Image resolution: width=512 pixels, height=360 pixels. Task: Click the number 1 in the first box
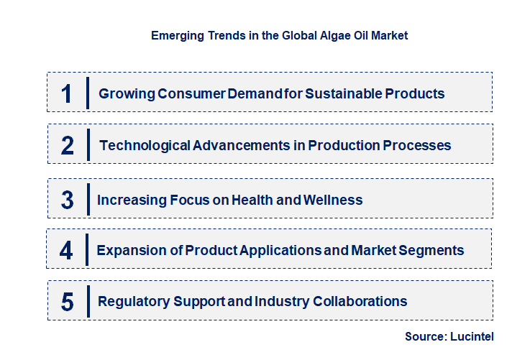coord(67,93)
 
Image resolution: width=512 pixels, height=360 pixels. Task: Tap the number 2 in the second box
coord(68,145)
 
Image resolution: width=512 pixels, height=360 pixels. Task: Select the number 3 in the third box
coord(67,200)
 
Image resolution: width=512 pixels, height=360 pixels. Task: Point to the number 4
coord(67,251)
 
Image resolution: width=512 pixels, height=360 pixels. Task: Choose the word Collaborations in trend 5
coord(360,301)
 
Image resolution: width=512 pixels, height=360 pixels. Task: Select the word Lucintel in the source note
coord(473,336)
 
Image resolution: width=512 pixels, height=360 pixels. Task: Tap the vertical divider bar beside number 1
coord(88,93)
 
